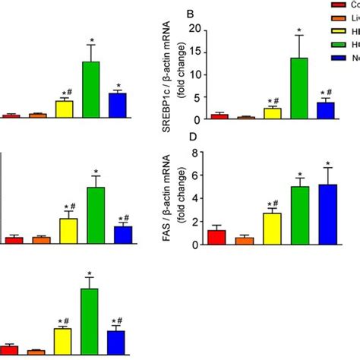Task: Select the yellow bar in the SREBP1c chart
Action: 273,114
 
